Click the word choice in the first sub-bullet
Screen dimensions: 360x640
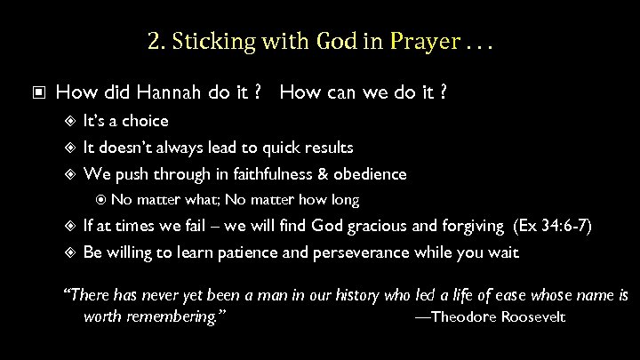click(146, 120)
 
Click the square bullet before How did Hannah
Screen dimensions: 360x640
click(36, 92)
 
